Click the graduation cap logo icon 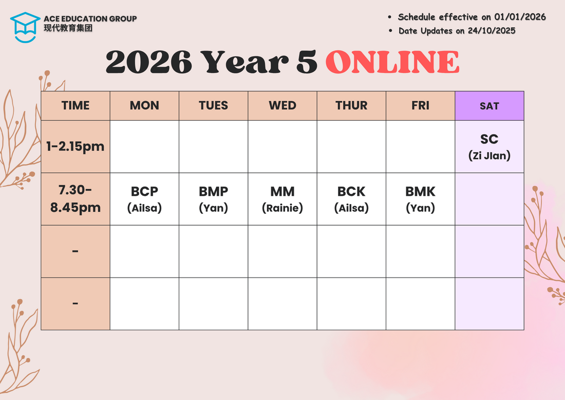25,27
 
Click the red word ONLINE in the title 392,62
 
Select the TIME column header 76,106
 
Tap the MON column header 144,106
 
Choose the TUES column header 213,106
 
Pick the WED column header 282,106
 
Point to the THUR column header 351,106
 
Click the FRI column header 421,106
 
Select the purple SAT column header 489,106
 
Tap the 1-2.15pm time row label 76,147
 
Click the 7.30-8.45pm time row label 76,199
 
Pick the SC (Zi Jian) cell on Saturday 489,147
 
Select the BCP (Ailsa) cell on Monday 144,199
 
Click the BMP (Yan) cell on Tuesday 213,199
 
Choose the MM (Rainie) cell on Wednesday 282,199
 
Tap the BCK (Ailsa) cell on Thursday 351,199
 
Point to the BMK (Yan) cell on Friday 421,199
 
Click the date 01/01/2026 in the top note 520,17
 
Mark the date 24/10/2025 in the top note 492,31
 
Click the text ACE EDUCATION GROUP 90,19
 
